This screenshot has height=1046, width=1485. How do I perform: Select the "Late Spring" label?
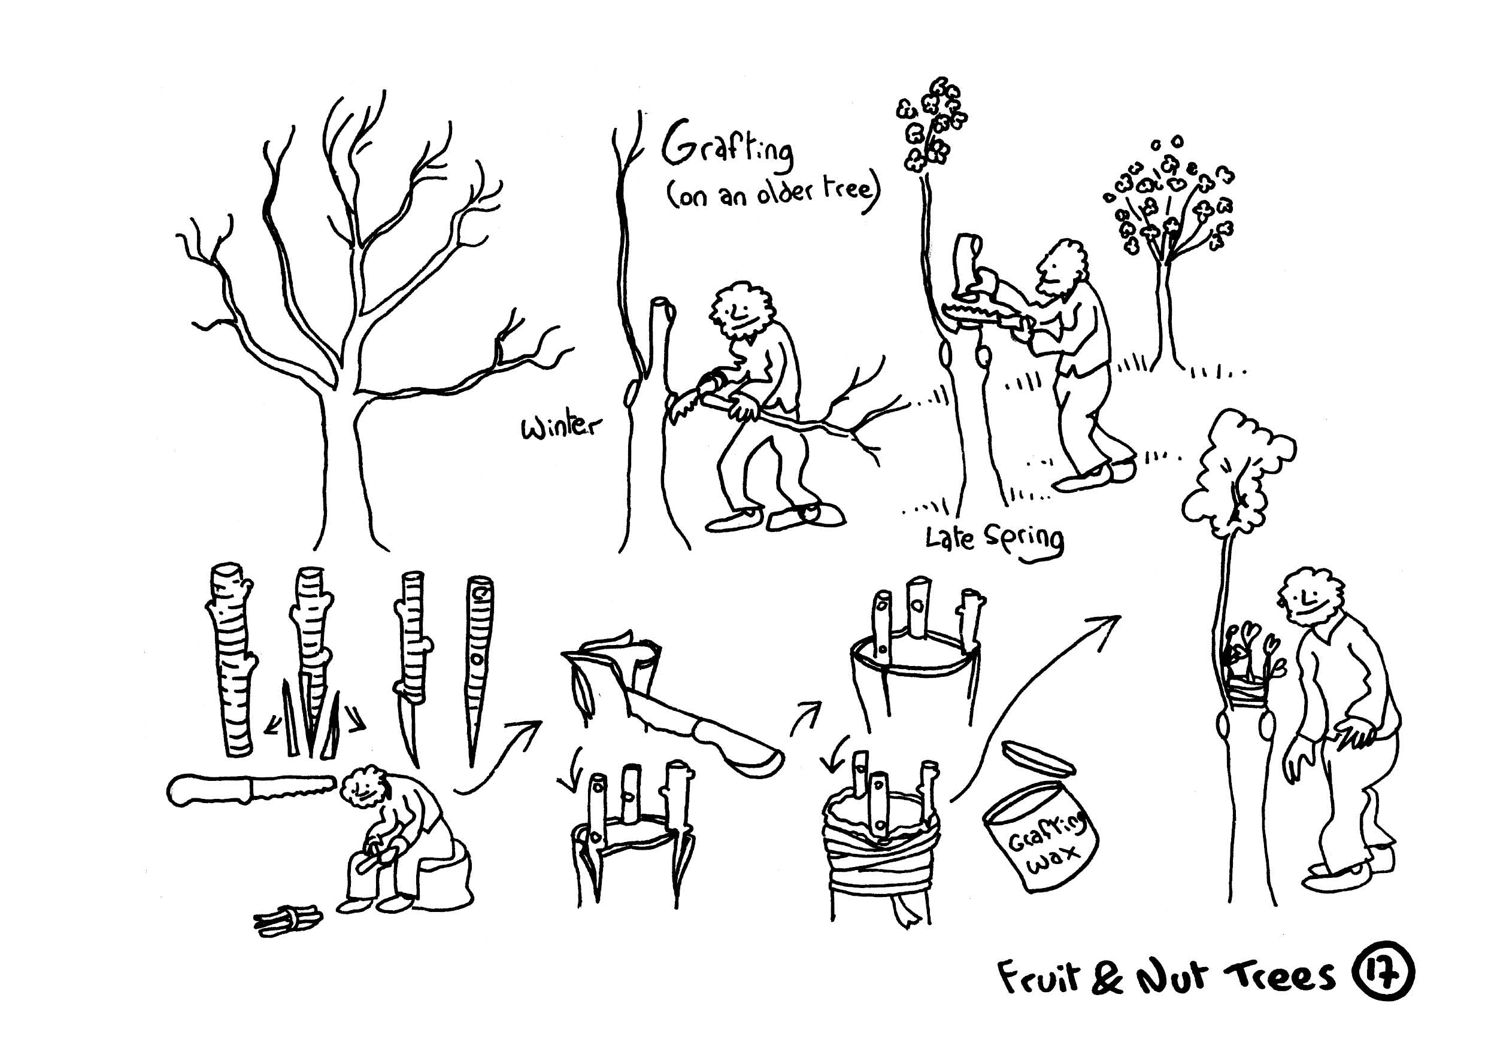tap(994, 540)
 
